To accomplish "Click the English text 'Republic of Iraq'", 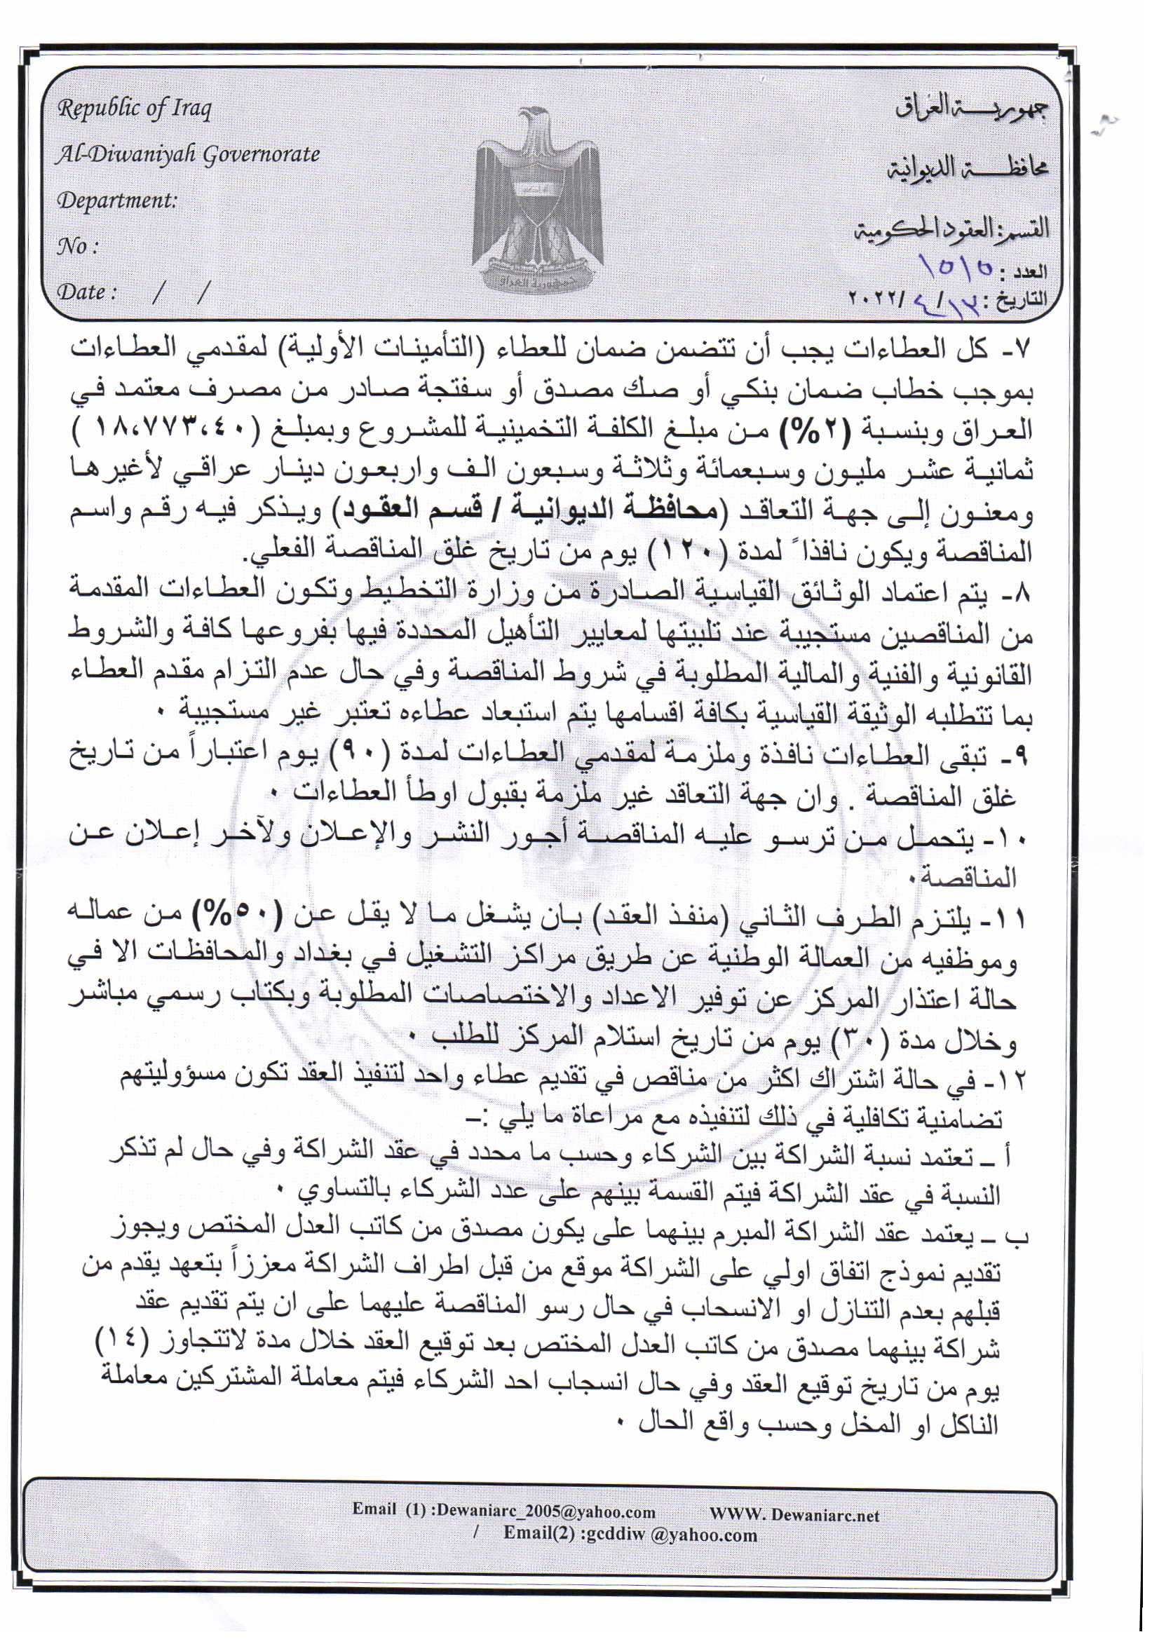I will [134, 109].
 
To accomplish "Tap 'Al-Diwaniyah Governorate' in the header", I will [188, 154].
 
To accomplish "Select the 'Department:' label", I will [116, 200].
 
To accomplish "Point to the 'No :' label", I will [77, 247].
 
